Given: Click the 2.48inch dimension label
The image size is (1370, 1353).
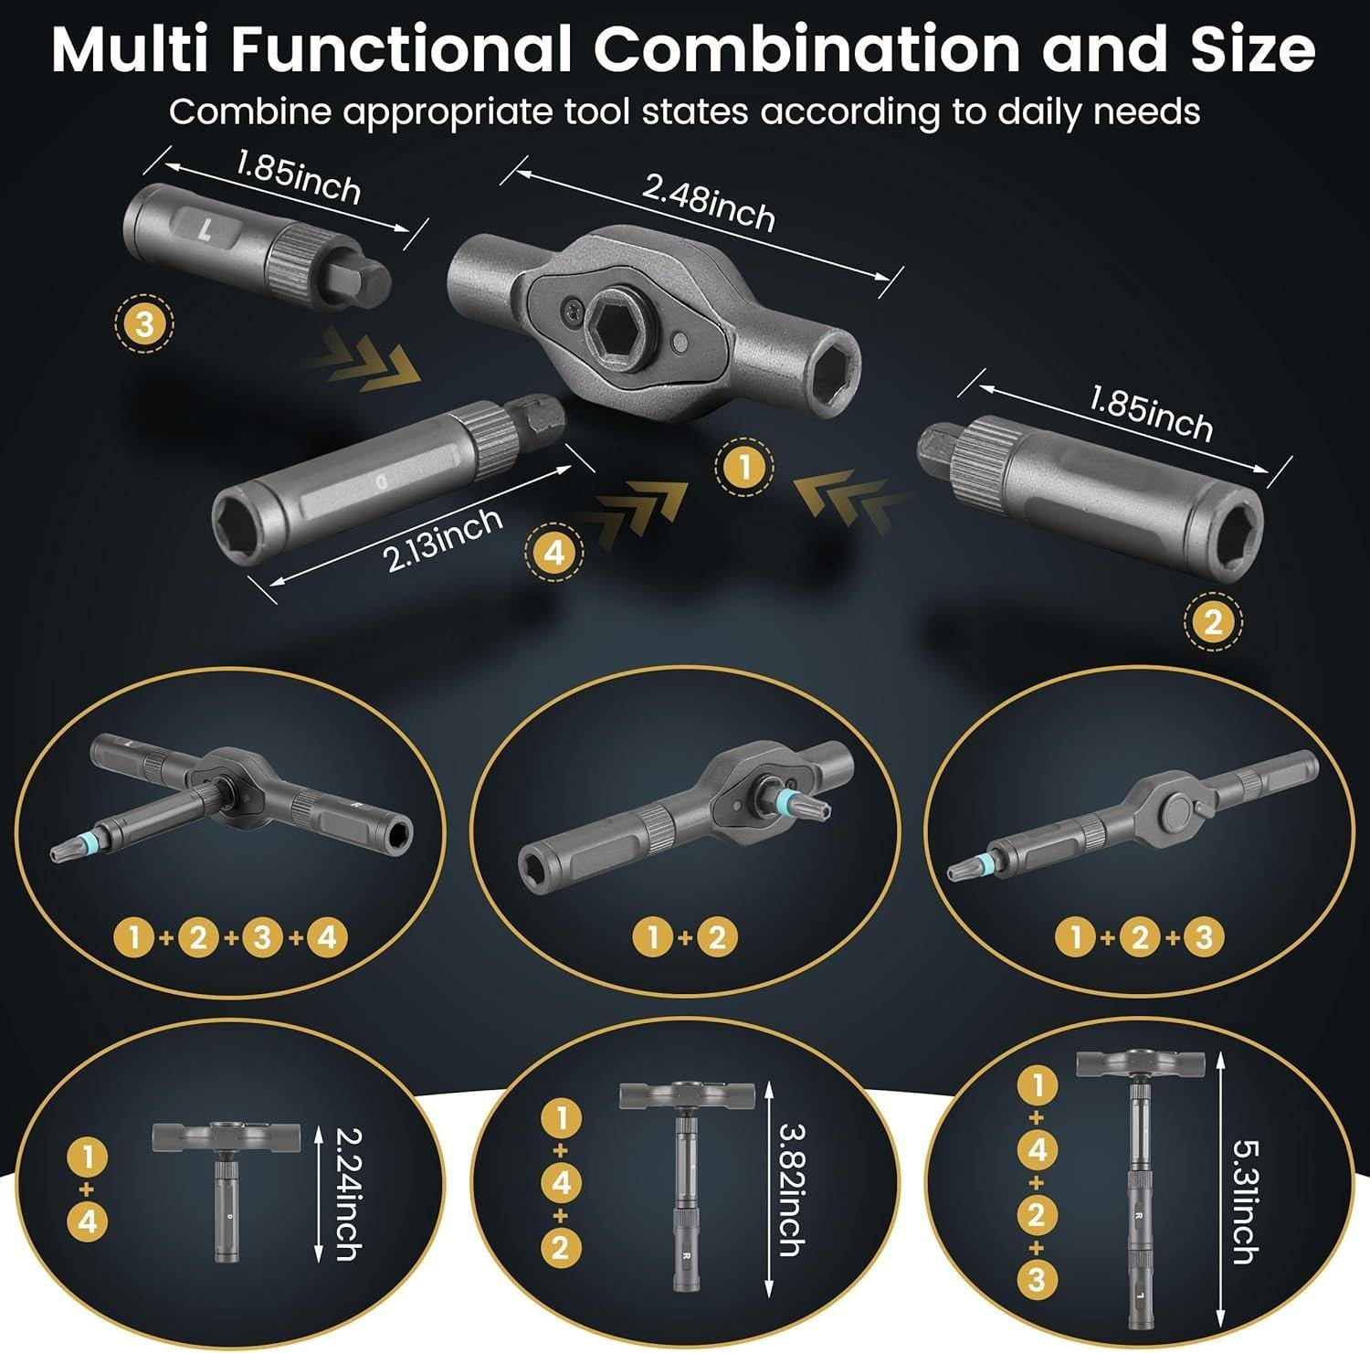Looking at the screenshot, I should tap(709, 204).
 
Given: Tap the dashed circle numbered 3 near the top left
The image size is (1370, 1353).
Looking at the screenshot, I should tap(144, 323).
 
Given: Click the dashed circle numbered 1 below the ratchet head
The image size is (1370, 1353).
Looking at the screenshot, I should tap(744, 469).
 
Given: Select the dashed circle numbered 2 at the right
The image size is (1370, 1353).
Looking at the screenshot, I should tap(1212, 623).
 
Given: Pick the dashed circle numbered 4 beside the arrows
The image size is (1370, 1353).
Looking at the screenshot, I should tap(553, 553).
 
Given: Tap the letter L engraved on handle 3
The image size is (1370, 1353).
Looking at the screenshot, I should tap(207, 226).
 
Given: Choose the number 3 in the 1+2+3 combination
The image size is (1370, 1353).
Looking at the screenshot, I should tap(1203, 937).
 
